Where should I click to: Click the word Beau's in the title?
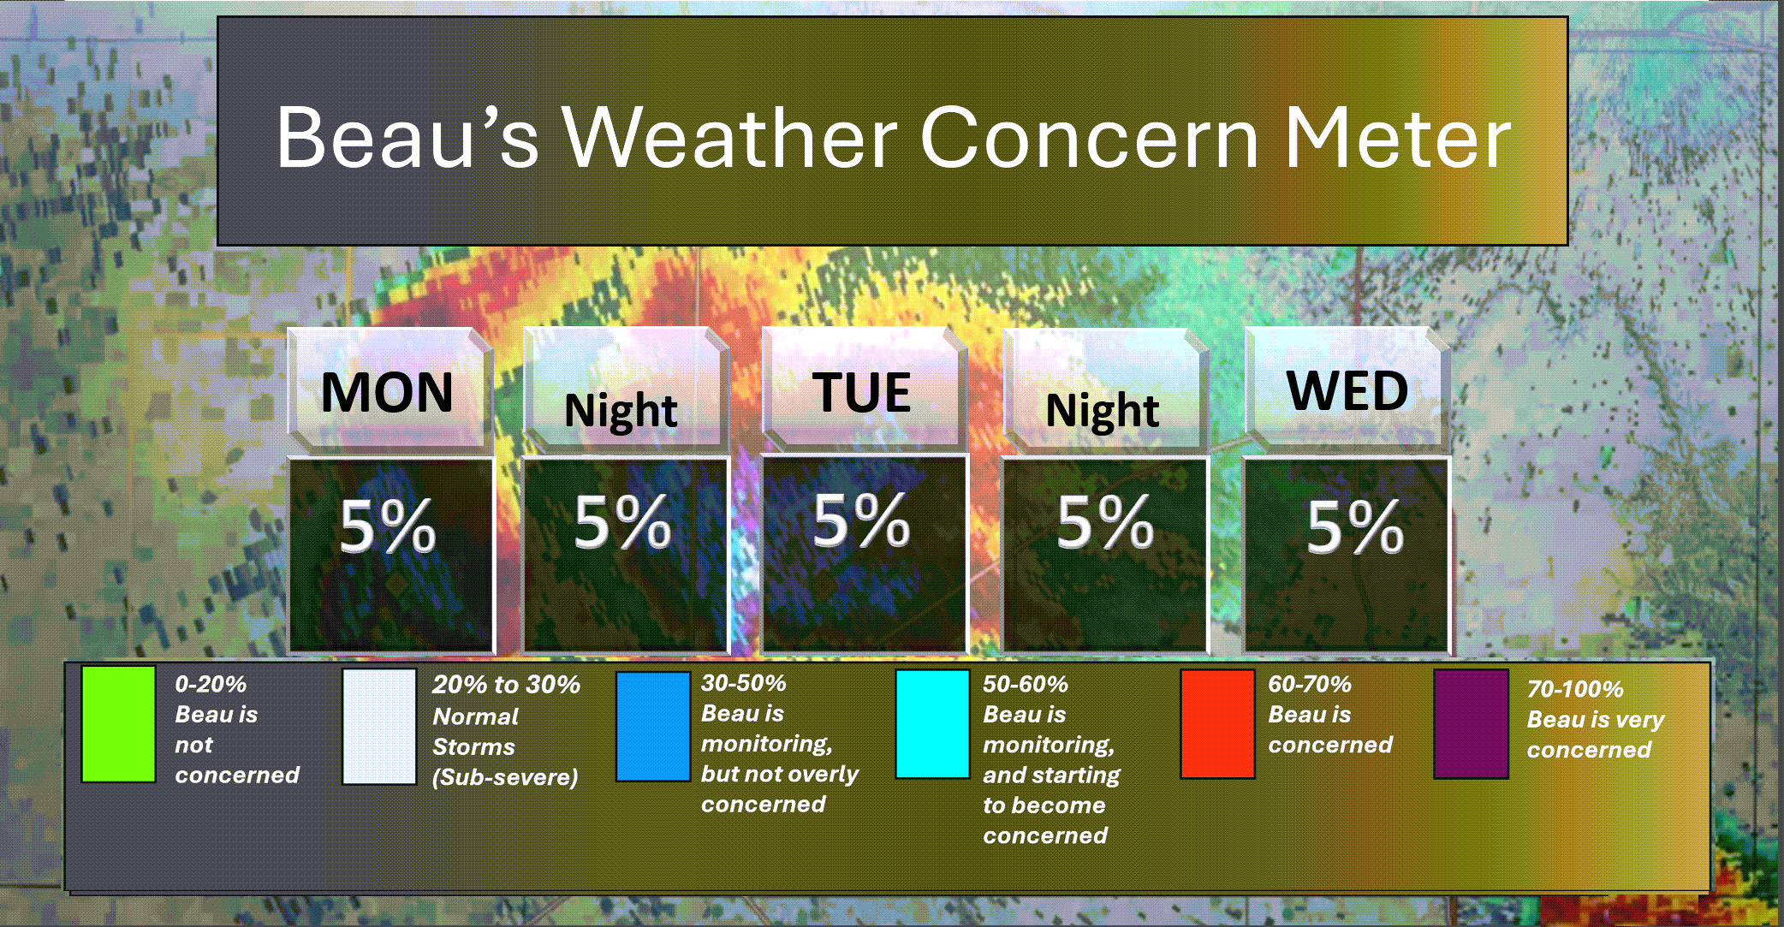(x=407, y=137)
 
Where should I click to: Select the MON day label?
(x=387, y=392)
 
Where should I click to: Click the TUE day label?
(x=861, y=392)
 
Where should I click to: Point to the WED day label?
(x=1347, y=390)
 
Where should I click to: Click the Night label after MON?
(x=621, y=411)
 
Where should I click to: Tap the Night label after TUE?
(x=1103, y=411)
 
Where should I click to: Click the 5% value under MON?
(x=388, y=526)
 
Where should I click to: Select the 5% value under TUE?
(x=861, y=520)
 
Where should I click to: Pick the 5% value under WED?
(x=1355, y=526)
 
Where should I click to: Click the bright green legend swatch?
(x=118, y=724)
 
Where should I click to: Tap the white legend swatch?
(x=379, y=726)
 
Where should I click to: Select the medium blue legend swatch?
(x=653, y=726)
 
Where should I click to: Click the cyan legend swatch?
(x=932, y=724)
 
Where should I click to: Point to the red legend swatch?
(x=1217, y=724)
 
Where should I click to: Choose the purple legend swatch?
(x=1472, y=724)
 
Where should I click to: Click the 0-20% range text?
(x=211, y=685)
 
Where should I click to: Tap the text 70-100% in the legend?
(x=1575, y=689)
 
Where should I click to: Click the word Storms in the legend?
(x=473, y=747)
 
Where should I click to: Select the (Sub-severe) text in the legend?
(x=505, y=777)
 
